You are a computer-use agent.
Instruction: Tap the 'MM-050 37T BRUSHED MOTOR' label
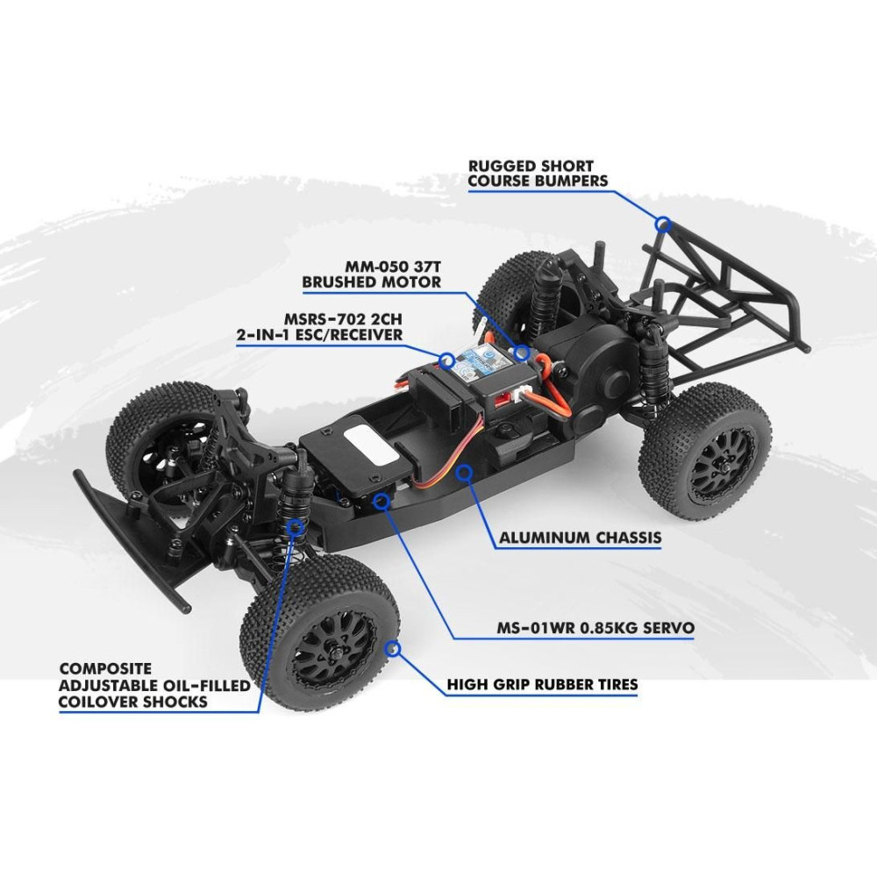(371, 274)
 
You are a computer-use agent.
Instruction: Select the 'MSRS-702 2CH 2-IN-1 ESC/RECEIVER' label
(319, 327)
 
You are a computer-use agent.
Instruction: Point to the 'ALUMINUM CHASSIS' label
(580, 538)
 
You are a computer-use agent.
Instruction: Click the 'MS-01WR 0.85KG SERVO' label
(595, 628)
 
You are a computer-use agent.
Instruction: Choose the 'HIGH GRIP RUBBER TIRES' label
(542, 685)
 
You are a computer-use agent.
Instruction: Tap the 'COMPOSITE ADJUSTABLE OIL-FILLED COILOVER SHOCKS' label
(154, 685)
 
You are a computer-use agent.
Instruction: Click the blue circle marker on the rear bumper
(663, 224)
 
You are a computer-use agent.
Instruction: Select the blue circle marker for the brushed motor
(522, 353)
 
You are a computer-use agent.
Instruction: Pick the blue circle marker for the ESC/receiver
(446, 360)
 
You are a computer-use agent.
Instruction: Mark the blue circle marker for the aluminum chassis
(464, 473)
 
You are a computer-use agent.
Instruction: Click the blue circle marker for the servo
(381, 501)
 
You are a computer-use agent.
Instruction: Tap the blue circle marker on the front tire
(393, 649)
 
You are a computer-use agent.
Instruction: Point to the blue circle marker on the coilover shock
(295, 526)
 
